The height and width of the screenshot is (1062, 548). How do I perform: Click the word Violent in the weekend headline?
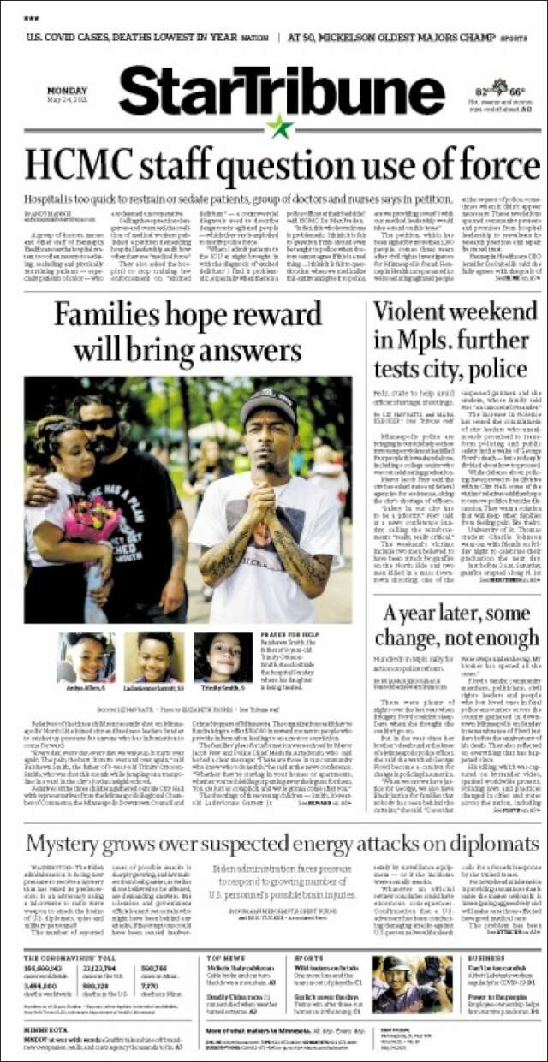(416, 313)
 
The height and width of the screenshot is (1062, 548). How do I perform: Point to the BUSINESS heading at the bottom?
(486, 958)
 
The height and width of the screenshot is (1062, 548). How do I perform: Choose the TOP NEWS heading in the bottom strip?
(225, 958)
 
